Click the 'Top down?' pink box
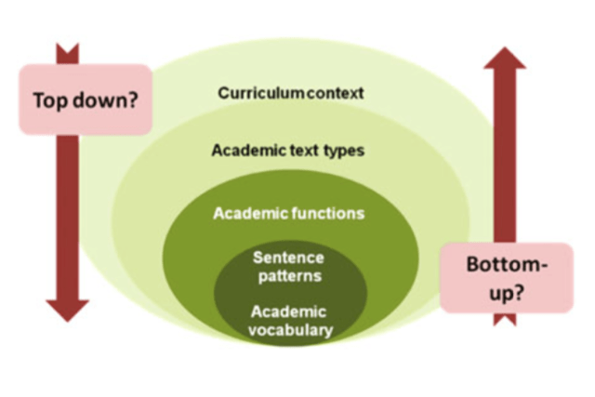click(85, 98)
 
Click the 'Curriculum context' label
click(291, 94)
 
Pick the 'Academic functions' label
click(288, 213)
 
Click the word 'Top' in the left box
click(50, 99)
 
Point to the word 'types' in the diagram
click(338, 151)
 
